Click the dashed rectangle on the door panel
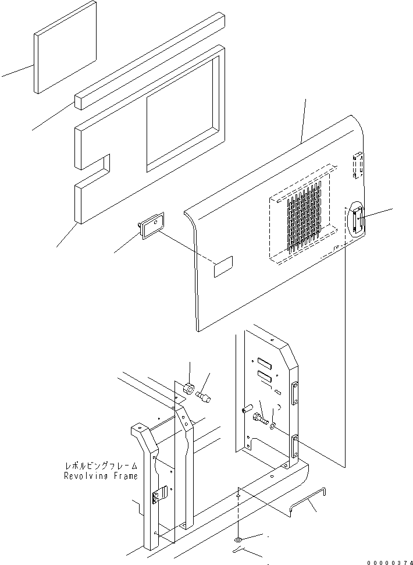point(223,268)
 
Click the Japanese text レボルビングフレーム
point(101,466)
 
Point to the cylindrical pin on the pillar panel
point(247,411)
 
